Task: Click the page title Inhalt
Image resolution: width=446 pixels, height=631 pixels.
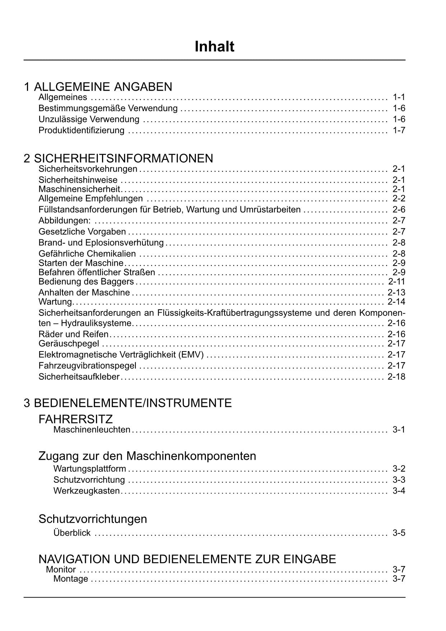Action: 215,47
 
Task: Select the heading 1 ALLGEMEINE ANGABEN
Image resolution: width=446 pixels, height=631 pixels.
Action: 98,87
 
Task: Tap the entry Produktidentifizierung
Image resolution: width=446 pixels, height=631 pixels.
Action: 82,130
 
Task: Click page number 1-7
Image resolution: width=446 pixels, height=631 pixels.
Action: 399,130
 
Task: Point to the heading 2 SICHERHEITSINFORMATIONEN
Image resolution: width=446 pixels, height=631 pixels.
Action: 118,158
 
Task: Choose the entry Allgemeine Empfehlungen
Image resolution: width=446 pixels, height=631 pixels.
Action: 91,199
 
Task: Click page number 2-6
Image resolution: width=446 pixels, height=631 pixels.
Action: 399,209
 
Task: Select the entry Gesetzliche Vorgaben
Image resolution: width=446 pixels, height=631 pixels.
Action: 82,231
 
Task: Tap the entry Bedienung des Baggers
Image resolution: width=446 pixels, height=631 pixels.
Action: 86,281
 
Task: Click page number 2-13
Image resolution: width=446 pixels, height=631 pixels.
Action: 396,292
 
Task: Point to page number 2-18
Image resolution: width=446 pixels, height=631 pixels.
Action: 396,377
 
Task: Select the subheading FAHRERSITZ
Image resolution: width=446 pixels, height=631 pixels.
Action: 75,419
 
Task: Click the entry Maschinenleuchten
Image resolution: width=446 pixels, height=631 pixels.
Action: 92,430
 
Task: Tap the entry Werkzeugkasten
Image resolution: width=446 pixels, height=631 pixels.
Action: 87,491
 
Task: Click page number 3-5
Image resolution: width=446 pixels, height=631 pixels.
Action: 399,533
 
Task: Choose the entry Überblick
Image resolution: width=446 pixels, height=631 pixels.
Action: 72,533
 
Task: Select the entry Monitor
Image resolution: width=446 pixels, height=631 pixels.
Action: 61,569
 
